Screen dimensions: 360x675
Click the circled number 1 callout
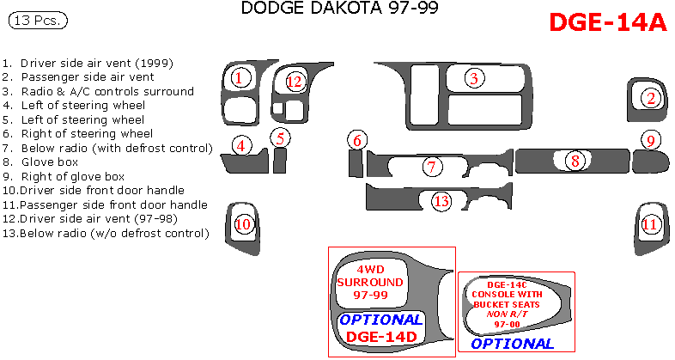click(240, 78)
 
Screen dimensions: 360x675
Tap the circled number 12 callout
click(295, 82)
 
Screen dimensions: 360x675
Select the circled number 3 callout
click(473, 78)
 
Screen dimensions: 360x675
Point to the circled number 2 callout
click(651, 98)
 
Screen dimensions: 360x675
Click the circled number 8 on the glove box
click(576, 160)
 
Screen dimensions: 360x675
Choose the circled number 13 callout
click(441, 201)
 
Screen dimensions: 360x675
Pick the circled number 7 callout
click(433, 166)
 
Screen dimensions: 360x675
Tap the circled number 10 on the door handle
click(243, 224)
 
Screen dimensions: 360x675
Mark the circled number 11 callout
click(650, 224)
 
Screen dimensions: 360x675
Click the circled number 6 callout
click(358, 140)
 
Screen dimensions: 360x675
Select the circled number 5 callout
click(281, 137)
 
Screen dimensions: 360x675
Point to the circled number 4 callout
click(243, 145)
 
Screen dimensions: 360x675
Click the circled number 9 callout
click(651, 140)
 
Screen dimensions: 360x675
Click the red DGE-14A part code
click(607, 23)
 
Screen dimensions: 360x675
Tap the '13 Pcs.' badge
click(37, 21)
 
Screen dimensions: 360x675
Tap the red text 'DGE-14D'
click(381, 337)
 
